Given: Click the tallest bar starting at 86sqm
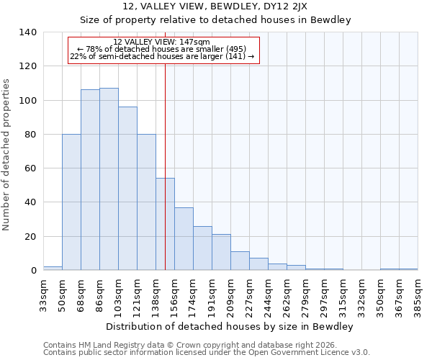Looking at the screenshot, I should (109, 179).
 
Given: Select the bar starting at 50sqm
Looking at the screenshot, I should (71, 202).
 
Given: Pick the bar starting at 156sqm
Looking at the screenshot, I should (184, 239).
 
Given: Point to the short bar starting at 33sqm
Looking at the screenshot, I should (53, 268).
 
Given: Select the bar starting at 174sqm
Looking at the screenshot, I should (202, 248).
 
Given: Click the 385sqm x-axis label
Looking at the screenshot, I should (418, 294).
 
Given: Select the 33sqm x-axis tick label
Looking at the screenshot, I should (43, 294).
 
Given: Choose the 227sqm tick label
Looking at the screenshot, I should (249, 294).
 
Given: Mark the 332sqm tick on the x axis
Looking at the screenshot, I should (361, 294).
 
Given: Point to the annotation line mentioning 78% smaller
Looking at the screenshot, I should (162, 49).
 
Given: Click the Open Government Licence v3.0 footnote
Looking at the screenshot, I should (207, 352).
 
